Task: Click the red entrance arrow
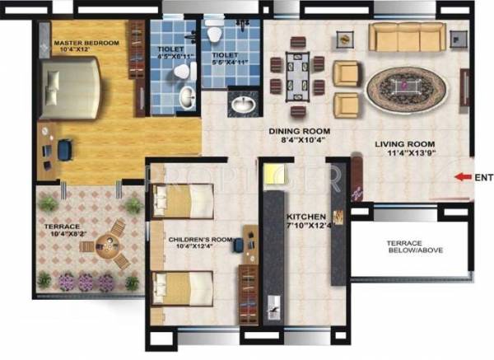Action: point(462,175)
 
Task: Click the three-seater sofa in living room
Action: point(404,37)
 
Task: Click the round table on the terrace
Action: point(105,242)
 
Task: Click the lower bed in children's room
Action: point(184,288)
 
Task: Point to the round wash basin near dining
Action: point(243,105)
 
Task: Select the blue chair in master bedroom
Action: point(65,149)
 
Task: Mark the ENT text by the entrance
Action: point(483,175)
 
